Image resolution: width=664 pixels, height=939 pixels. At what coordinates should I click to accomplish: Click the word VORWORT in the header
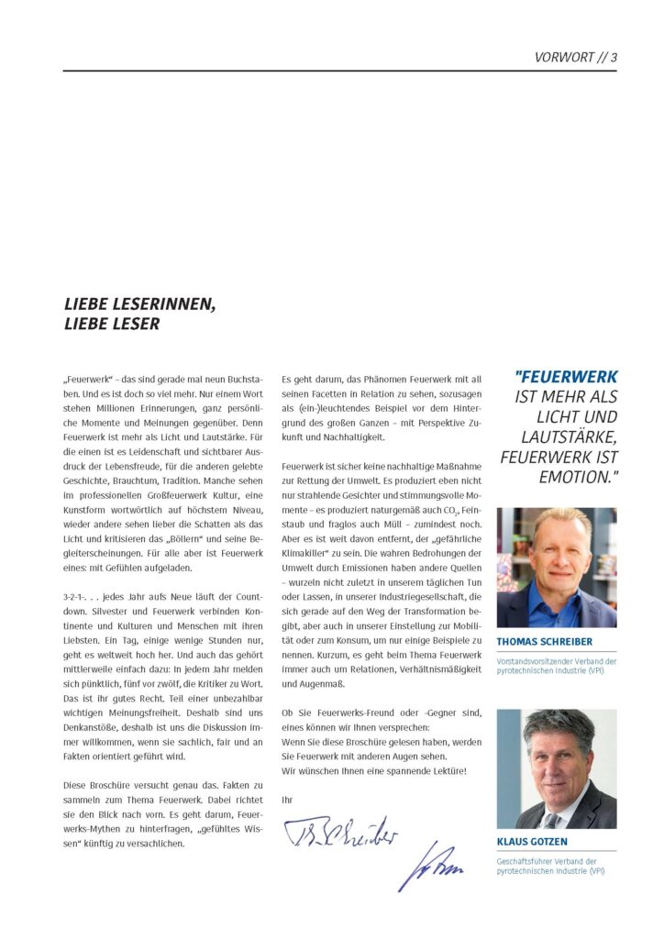click(565, 57)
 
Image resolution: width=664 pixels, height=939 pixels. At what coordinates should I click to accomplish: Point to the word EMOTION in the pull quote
click(578, 477)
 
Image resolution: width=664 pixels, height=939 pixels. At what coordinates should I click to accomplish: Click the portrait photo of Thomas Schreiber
click(557, 567)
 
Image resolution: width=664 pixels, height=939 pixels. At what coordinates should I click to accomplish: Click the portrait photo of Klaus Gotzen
click(557, 768)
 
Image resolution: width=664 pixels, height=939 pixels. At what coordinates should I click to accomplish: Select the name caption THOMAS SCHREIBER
click(544, 642)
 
